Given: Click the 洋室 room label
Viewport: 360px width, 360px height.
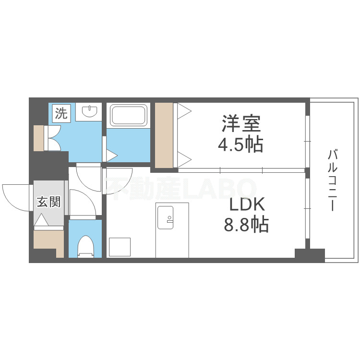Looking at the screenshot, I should click(x=241, y=124).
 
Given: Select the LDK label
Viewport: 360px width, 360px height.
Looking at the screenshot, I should click(x=247, y=205).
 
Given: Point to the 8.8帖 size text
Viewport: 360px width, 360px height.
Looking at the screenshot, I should click(x=246, y=225).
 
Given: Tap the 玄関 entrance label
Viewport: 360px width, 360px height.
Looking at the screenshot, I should click(x=49, y=202).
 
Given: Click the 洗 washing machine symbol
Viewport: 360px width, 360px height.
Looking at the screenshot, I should click(x=61, y=114).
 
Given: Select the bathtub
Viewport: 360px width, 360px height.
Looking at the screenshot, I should click(x=128, y=116).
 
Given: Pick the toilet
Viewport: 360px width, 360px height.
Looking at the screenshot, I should click(x=85, y=245).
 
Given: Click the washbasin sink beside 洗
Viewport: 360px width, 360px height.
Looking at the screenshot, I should click(x=90, y=112).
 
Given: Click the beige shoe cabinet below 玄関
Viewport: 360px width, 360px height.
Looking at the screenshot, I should click(x=48, y=242).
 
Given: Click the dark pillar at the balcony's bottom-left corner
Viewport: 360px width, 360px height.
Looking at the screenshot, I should click(x=310, y=254).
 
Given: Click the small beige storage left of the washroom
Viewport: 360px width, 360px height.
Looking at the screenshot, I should click(x=38, y=138).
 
